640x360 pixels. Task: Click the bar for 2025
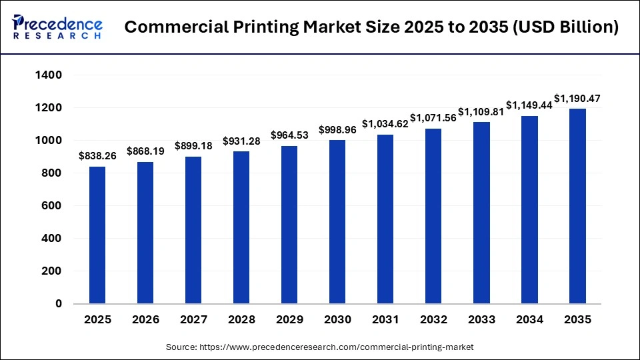[97, 235]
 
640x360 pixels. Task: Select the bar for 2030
[337, 221]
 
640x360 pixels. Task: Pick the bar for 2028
[241, 227]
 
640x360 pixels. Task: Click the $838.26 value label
[97, 156]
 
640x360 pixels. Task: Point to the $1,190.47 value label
[577, 99]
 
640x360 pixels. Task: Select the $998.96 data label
[337, 129]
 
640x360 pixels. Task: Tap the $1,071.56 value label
[433, 118]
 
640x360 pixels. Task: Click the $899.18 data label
[193, 146]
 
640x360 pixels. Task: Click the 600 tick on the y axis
[53, 206]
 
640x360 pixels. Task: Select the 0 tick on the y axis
[59, 304]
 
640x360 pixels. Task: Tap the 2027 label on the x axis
[193, 320]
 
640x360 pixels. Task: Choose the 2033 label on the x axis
[481, 320]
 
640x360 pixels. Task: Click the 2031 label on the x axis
[385, 320]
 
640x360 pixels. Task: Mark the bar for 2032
[433, 216]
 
